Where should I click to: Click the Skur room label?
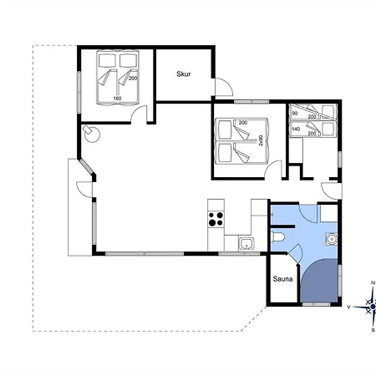pyautogui.click(x=184, y=74)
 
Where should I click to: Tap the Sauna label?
pyautogui.click(x=282, y=279)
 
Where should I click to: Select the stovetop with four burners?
pyautogui.click(x=216, y=219)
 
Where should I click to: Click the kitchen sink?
pyautogui.click(x=246, y=243)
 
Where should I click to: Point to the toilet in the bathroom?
pyautogui.click(x=277, y=237)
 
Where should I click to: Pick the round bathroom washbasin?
pyautogui.click(x=332, y=239)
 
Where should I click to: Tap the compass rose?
pyautogui.click(x=373, y=307)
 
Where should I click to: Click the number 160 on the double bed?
pyautogui.click(x=117, y=99)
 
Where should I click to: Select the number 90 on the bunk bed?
pyautogui.click(x=295, y=114)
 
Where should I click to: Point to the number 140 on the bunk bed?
pyautogui.click(x=296, y=130)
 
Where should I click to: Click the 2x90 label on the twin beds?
pyautogui.click(x=261, y=140)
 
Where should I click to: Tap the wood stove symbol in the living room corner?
pyautogui.click(x=92, y=133)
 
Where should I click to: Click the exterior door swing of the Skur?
pyautogui.click(x=224, y=87)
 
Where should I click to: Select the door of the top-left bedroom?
pyautogui.click(x=139, y=114)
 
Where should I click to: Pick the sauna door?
pyautogui.click(x=295, y=253)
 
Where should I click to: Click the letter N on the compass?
pyautogui.click(x=373, y=283)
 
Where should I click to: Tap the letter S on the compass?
pyautogui.click(x=373, y=330)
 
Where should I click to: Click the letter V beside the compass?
pyautogui.click(x=348, y=307)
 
